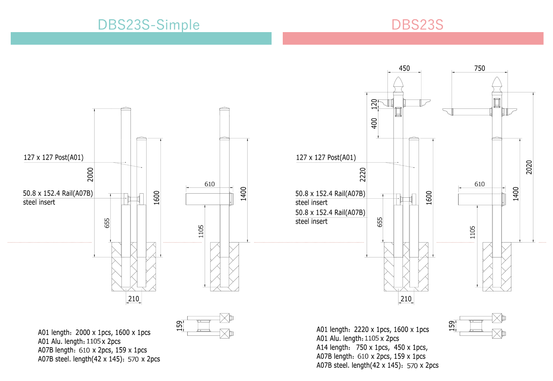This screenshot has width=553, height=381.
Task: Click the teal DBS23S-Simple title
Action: point(149,25)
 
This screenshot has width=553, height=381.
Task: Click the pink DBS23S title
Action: point(417,25)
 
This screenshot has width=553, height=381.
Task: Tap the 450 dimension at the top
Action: point(404,68)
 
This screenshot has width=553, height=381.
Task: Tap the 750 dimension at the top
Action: point(479,68)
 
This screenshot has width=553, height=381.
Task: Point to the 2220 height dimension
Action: point(362,174)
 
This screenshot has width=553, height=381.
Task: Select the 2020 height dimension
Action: point(529,167)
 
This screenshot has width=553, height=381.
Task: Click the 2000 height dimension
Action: point(90,174)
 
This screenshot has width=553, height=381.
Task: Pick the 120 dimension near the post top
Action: point(374,104)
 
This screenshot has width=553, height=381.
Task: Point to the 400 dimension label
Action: point(374,123)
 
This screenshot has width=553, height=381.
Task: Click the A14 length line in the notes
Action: point(372,347)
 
